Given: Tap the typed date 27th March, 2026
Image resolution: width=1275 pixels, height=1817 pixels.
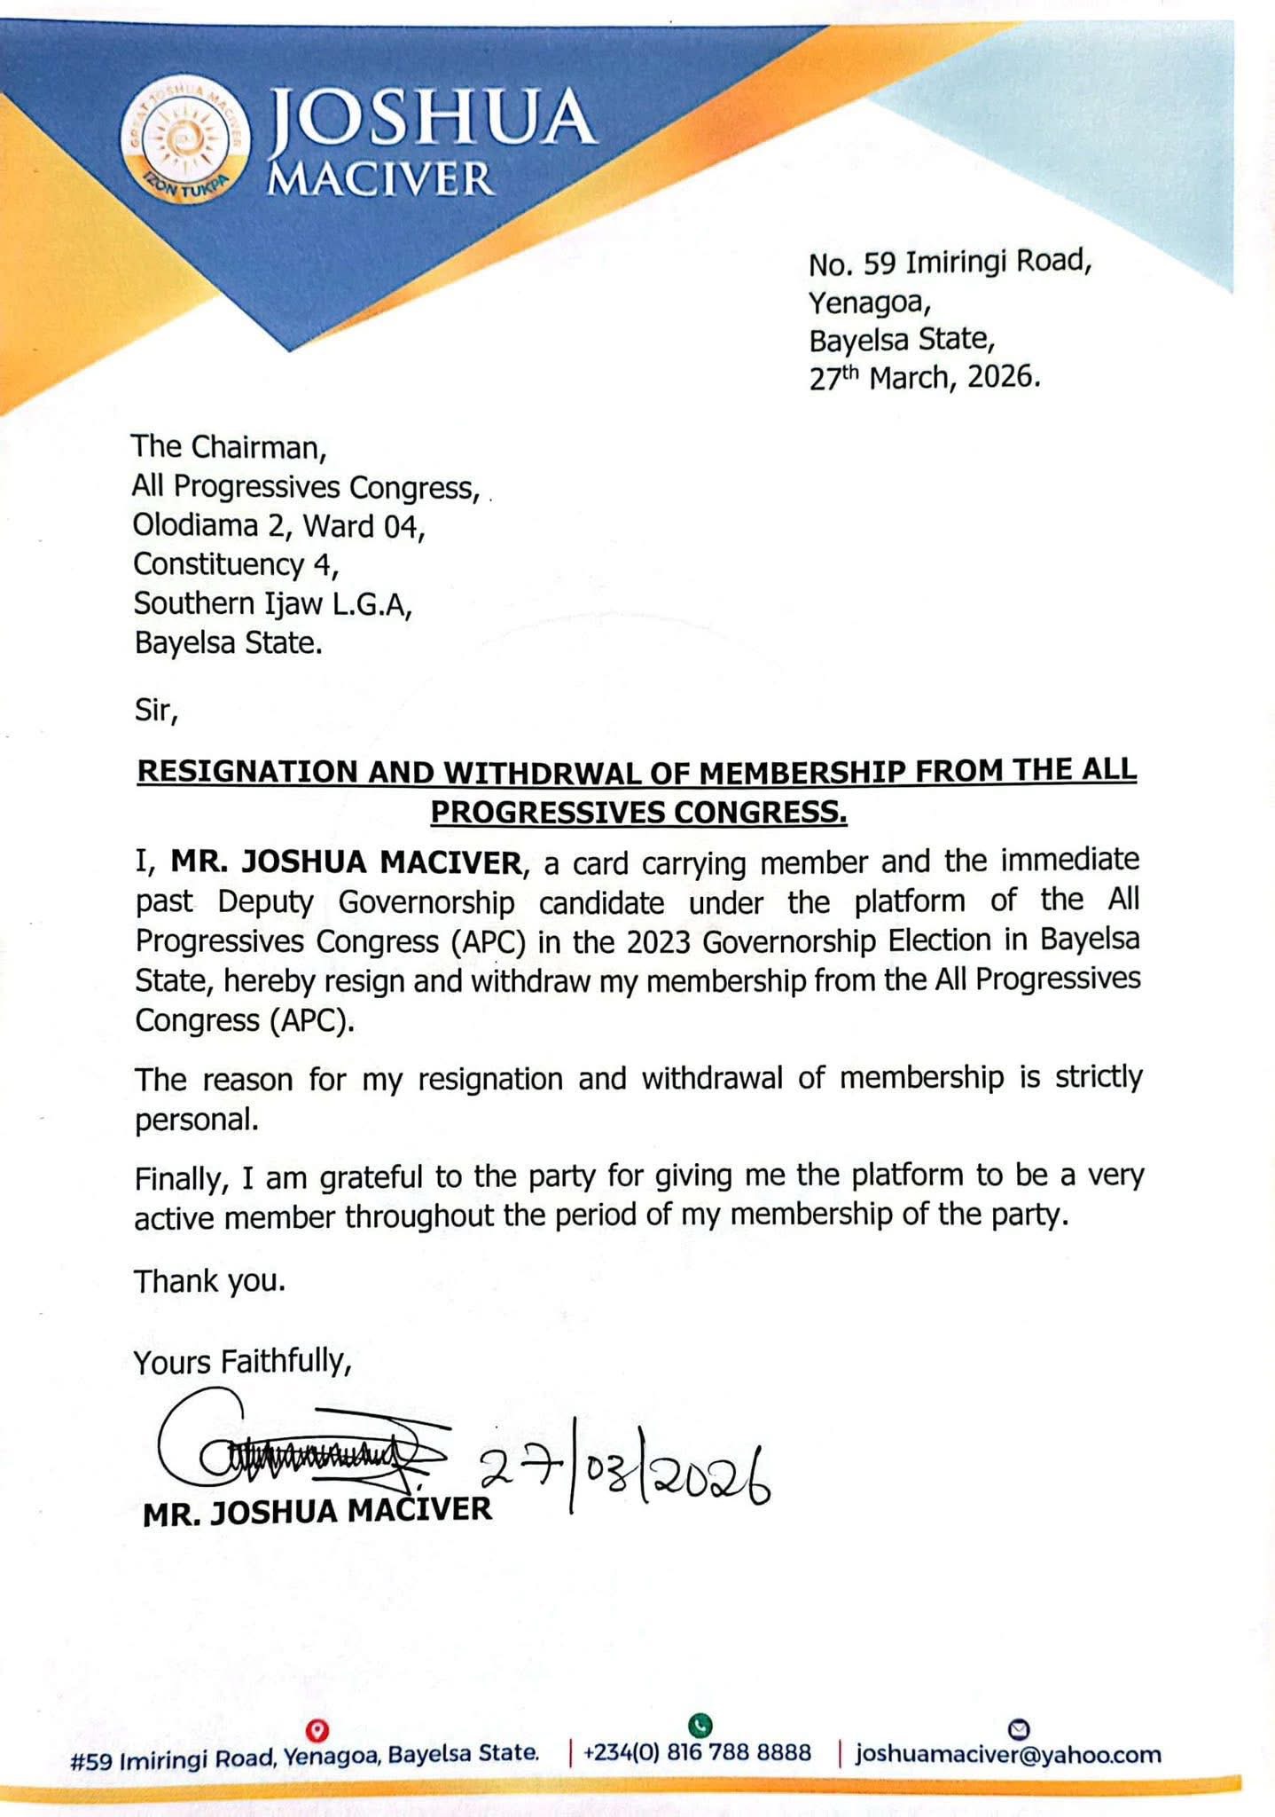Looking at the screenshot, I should [x=924, y=378].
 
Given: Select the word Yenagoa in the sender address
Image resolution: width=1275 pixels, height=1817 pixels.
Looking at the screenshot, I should [x=867, y=303].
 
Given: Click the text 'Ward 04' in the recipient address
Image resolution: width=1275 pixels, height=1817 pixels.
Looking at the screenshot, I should [x=362, y=526].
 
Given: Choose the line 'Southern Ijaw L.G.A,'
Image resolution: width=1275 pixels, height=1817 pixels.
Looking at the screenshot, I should [x=273, y=603].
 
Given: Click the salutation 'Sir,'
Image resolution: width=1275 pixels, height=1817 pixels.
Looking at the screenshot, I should [x=156, y=710].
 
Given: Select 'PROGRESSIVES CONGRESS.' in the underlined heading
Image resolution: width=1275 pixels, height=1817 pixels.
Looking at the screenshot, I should [x=638, y=812].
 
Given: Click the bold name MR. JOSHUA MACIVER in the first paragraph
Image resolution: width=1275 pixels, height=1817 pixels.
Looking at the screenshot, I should [x=346, y=861].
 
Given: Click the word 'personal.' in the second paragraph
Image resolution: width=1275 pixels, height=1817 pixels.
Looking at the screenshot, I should [x=197, y=1120].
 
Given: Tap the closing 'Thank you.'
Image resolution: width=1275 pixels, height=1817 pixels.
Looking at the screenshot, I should [x=209, y=1281].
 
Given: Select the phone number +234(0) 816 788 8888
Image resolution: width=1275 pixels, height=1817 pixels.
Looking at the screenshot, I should [x=697, y=1753].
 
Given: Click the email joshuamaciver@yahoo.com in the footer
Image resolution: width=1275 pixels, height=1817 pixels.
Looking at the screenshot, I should [x=1008, y=1754].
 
